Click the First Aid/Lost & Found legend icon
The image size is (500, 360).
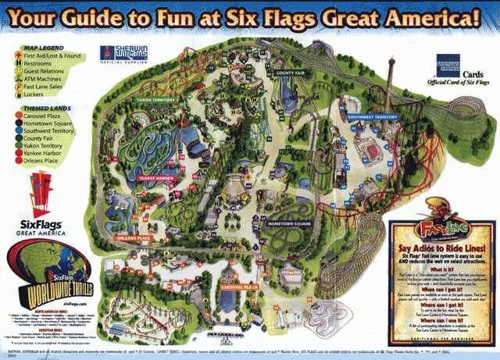(16, 57)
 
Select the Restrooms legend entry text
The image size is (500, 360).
(40, 65)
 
